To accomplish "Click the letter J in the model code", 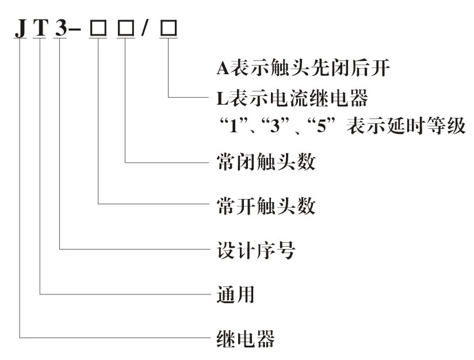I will (21, 29).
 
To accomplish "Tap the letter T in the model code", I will (40, 29).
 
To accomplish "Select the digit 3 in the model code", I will (60, 29).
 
